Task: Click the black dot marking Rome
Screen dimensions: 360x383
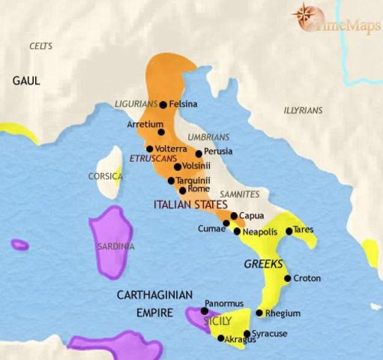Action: [182, 190]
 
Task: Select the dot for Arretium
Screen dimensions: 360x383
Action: [160, 132]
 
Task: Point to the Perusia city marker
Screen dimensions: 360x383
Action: [198, 152]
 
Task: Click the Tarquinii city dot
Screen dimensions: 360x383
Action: [172, 181]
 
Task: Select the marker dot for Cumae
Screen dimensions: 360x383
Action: [226, 223]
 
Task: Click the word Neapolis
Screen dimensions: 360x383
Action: [262, 232]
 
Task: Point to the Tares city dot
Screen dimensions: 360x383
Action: [289, 229]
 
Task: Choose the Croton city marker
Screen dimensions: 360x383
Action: [286, 279]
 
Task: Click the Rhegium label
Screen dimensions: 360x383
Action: [280, 313]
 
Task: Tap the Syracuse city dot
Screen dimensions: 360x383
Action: [247, 333]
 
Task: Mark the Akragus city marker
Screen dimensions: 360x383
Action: [220, 338]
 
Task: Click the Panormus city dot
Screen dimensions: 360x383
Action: [204, 310]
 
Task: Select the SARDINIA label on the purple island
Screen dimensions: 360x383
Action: [115, 246]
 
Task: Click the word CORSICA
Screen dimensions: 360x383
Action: [104, 178]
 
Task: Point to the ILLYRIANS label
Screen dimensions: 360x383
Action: [303, 110]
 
